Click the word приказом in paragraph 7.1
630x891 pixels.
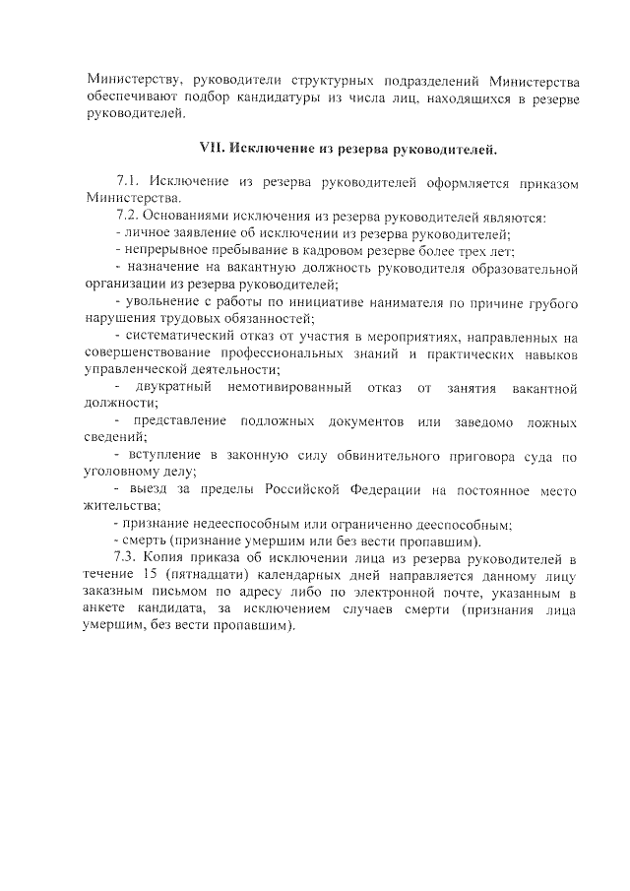(544, 183)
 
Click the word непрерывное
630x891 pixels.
(164, 251)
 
